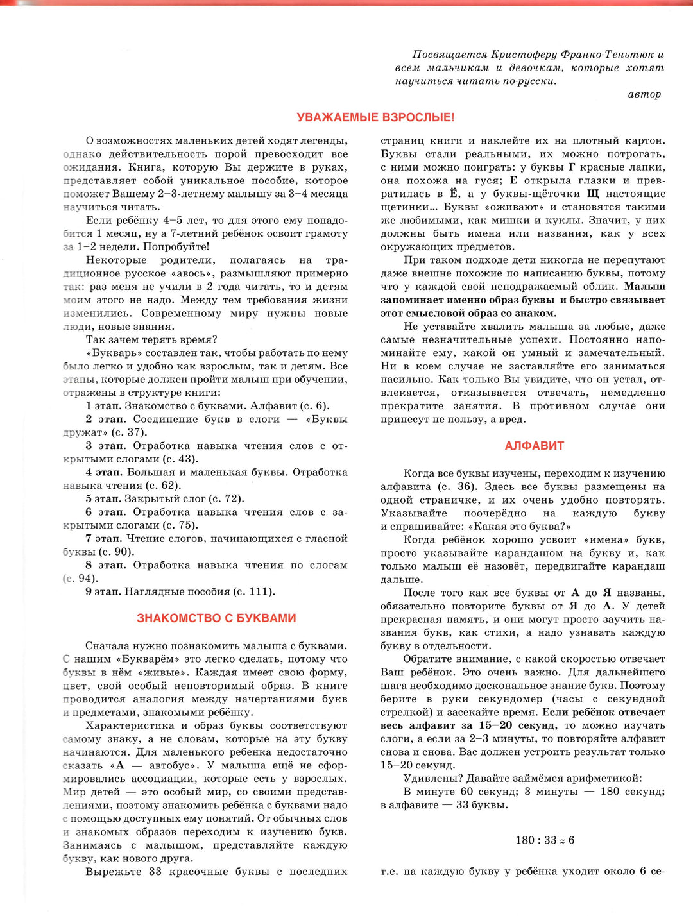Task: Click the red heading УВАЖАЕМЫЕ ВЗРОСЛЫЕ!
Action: click(375, 117)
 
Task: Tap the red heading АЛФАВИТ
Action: click(534, 446)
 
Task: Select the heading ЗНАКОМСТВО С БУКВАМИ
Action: click(216, 618)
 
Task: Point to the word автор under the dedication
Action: click(644, 94)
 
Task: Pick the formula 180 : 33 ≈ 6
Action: click(545, 840)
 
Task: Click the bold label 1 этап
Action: click(103, 406)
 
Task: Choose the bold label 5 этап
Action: click(103, 499)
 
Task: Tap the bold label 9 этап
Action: click(103, 592)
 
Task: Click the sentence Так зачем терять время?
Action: click(151, 340)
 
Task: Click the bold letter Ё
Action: click(454, 194)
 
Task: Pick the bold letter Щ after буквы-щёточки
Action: click(593, 194)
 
